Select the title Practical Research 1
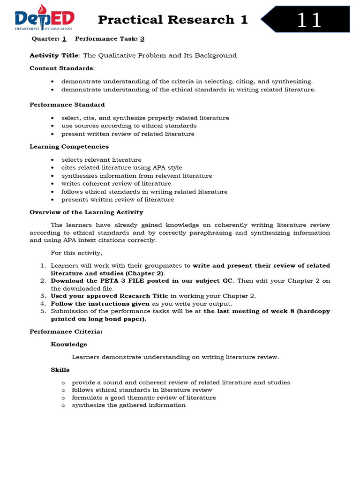click(172, 20)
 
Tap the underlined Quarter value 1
click(64, 39)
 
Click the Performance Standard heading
click(67, 105)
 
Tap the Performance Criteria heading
click(66, 331)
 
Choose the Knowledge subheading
click(69, 344)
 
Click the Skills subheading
click(60, 370)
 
